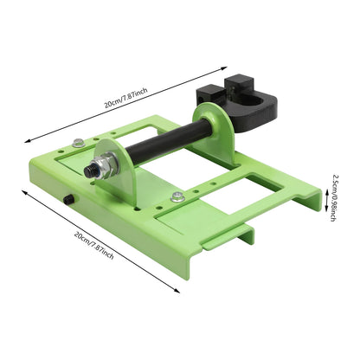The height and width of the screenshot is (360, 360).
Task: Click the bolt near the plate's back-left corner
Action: coord(79,144)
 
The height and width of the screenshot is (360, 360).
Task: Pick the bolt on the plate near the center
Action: coord(177,196)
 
